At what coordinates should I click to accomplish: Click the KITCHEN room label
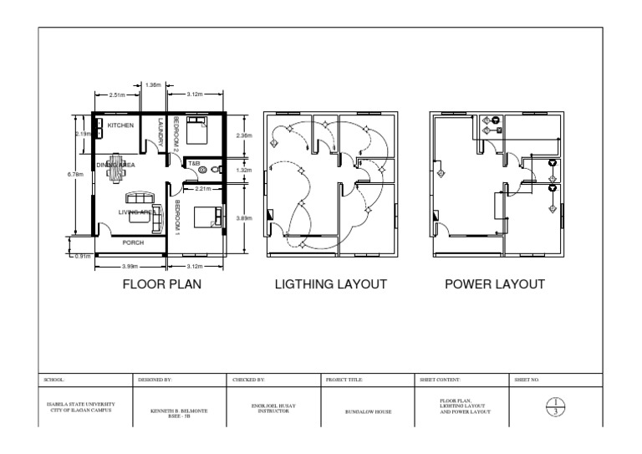121,125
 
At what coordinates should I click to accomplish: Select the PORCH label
134,242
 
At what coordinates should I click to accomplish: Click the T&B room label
193,163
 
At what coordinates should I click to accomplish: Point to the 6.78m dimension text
74,174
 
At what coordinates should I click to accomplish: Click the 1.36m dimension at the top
153,84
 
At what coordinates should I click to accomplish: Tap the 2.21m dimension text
201,189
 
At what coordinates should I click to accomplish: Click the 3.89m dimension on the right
244,218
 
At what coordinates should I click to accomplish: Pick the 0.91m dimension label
81,256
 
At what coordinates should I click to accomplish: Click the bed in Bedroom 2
198,130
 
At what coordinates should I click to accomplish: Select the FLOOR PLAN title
162,284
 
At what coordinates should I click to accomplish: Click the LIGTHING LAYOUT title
330,284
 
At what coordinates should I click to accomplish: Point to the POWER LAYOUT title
495,284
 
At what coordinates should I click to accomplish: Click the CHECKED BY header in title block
247,380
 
